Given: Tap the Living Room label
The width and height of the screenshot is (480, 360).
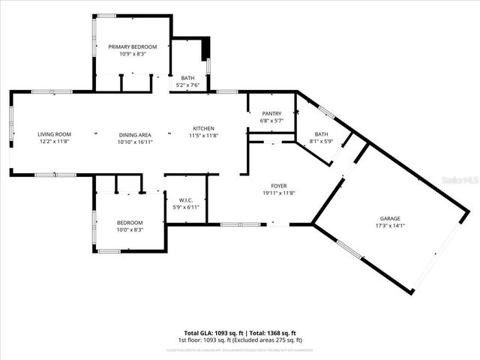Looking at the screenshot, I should click(55, 134).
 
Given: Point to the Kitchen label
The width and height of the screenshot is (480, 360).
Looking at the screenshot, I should click(204, 127).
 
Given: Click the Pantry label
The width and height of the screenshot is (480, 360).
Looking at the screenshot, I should click(271, 113).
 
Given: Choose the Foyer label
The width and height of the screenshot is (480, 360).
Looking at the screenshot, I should click(278, 185).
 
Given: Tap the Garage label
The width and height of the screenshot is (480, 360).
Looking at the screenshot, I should click(389, 217).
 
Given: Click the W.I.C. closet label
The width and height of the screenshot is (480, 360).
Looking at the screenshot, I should click(187, 199).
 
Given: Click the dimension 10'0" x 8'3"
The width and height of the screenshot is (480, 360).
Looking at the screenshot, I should click(130, 229).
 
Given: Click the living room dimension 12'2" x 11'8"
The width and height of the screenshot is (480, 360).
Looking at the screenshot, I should click(55, 141).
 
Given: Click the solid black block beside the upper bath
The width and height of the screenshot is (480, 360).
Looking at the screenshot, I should click(205, 49).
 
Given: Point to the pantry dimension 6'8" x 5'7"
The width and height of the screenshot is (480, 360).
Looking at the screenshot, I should click(271, 120).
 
